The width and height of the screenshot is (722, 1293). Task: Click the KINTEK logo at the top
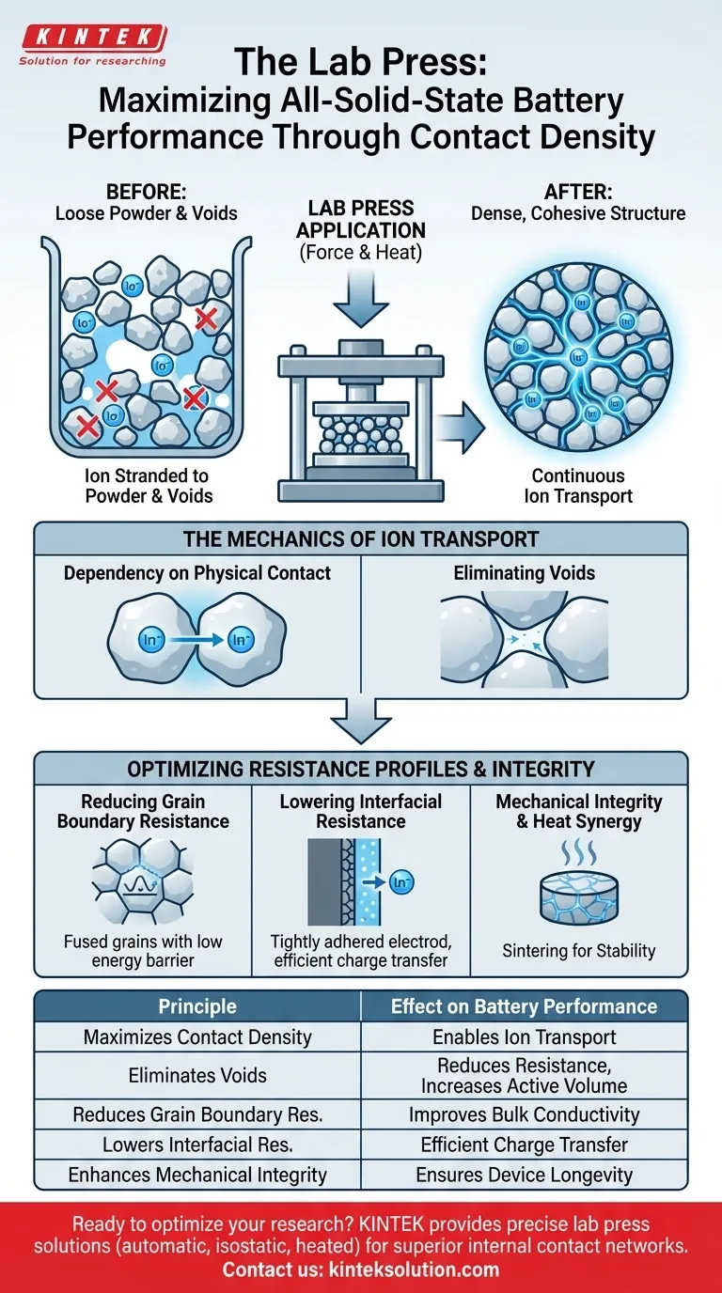coord(93,44)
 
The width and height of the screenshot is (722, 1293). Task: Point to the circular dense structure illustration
coord(578,351)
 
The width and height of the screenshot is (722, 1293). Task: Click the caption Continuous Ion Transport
coord(578,486)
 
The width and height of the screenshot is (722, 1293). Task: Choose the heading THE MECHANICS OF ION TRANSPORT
coord(361,539)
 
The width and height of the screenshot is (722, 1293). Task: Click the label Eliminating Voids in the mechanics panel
coord(524,572)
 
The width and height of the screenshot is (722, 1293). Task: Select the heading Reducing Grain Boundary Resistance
coord(143,811)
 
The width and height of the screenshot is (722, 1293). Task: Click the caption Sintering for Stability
coord(579,951)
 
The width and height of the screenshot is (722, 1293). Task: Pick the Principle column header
coord(197,1006)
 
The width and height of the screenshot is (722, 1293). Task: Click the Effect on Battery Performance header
coord(524,1006)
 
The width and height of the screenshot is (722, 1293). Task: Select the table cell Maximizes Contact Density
coord(197,1037)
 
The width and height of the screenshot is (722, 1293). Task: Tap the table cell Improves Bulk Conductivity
coord(524,1115)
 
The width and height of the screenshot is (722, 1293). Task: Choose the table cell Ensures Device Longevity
coord(524,1175)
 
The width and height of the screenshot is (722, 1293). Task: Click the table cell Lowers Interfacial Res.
coord(197,1145)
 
